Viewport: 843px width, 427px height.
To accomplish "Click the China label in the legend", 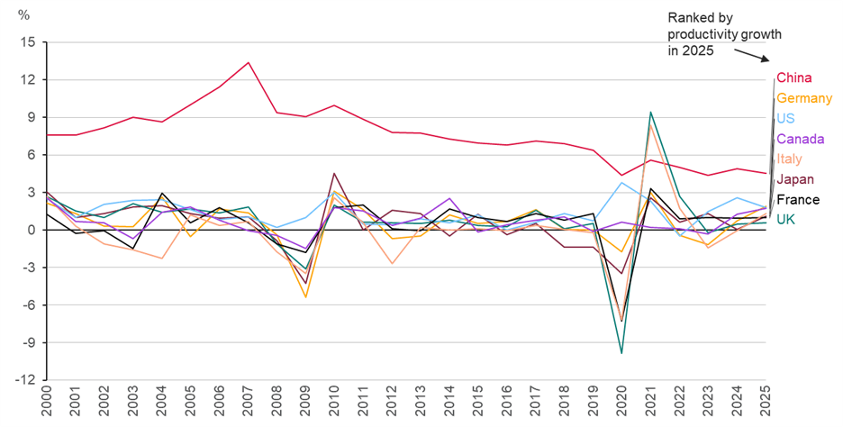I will tap(794, 77).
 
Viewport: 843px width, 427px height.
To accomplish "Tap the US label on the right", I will tap(784, 119).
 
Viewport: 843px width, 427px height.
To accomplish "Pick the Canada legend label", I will tap(797, 139).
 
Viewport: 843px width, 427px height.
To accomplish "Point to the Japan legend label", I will tap(795, 179).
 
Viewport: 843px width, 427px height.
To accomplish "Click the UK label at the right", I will tap(785, 219).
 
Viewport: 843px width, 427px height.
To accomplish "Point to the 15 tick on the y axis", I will tap(29, 42).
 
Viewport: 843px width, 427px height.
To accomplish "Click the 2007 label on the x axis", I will tap(248, 402).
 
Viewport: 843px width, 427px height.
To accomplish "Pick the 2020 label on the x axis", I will tap(622, 402).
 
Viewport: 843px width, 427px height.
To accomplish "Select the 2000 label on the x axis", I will tap(46, 402).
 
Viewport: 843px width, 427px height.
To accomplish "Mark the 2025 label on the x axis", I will tap(766, 402).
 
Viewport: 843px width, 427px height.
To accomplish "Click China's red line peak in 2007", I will tap(248, 62).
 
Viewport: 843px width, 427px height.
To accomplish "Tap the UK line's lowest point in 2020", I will tap(622, 353).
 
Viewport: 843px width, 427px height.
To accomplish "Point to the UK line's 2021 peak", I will tap(651, 113).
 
